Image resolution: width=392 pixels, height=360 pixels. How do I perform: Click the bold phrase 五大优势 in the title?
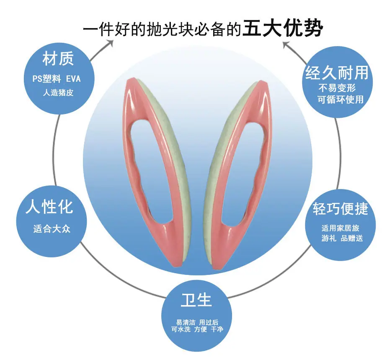[x=283, y=28]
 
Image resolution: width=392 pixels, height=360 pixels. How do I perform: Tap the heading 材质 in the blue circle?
[x=58, y=59]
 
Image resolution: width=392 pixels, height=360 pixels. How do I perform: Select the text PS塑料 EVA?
[x=57, y=79]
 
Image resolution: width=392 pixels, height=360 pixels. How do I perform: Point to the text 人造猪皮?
[x=58, y=93]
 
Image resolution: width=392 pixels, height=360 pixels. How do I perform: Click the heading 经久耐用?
[x=337, y=73]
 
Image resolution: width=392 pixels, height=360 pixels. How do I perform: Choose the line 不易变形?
[x=337, y=88]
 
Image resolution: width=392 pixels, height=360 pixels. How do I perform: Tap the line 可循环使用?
[x=340, y=100]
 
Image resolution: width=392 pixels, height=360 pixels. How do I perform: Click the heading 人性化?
[x=49, y=207]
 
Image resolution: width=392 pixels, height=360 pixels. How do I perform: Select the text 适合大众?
[x=52, y=229]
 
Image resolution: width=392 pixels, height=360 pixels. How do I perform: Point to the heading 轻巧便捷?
[x=340, y=208]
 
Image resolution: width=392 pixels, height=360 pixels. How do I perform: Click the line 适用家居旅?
[x=340, y=228]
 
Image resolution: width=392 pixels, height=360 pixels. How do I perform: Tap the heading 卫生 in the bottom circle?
[x=196, y=300]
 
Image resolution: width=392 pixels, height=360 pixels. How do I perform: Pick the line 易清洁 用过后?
[x=197, y=322]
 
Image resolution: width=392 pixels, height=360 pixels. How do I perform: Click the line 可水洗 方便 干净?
[x=197, y=329]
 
